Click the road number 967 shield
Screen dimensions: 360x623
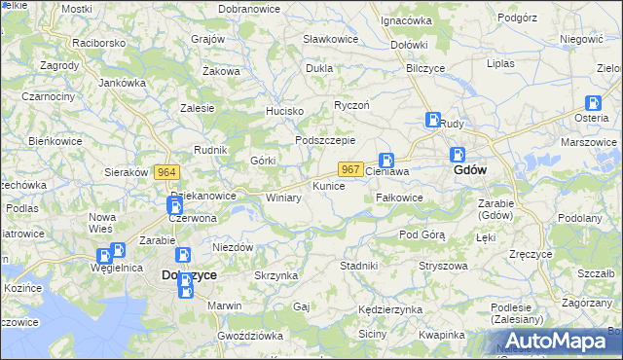point(351,169)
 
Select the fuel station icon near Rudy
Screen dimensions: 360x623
point(433,121)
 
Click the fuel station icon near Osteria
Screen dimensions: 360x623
point(592,103)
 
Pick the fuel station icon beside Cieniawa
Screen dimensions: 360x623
point(386,161)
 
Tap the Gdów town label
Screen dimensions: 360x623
point(471,169)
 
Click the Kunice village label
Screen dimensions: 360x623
point(328,185)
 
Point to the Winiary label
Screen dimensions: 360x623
point(283,198)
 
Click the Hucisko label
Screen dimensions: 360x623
point(286,112)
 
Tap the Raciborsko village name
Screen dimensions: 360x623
point(99,44)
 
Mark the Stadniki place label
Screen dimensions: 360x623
point(358,265)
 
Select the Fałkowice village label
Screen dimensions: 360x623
point(399,198)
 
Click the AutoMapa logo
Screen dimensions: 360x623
point(558,340)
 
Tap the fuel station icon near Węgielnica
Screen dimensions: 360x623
point(118,251)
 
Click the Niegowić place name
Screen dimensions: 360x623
point(582,39)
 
